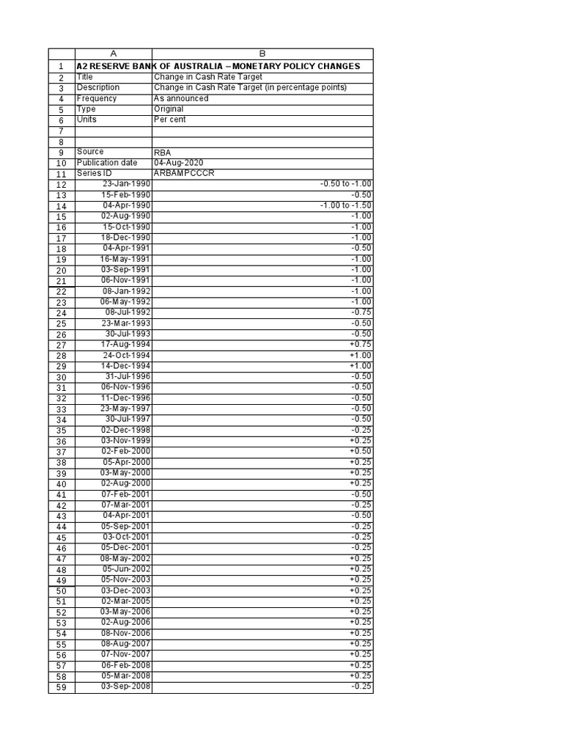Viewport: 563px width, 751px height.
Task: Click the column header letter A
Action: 113,54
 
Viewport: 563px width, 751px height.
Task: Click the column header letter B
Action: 262,54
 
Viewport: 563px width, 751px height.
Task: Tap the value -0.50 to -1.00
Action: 346,183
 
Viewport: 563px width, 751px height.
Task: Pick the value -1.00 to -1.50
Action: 346,205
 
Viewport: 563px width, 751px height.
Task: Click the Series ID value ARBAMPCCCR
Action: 185,173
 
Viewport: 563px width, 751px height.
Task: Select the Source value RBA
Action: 162,152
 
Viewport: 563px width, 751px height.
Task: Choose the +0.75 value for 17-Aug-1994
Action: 361,344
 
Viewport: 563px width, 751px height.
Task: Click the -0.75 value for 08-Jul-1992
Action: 361,312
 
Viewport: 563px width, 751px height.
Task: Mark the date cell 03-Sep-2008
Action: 126,686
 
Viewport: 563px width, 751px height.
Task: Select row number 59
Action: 61,687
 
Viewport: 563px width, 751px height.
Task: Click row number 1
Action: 61,66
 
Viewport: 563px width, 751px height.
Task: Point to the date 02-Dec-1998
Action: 126,429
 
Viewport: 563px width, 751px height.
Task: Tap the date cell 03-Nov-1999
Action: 126,440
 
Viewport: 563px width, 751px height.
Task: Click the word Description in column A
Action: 97,87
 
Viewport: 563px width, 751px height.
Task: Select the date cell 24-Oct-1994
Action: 126,355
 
